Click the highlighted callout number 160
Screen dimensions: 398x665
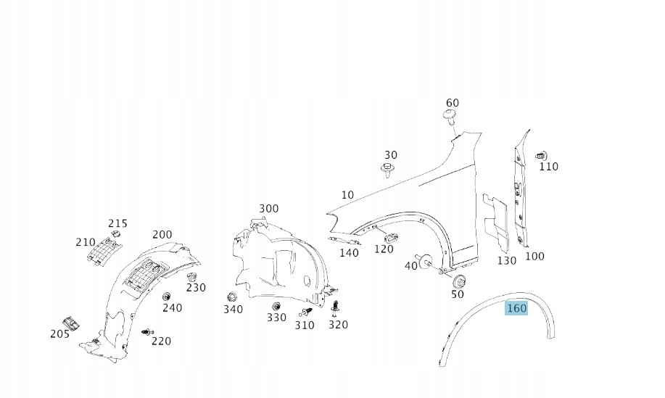click(516, 308)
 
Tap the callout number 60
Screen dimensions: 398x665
click(452, 103)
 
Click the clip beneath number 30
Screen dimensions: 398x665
click(388, 170)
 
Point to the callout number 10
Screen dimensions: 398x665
click(347, 194)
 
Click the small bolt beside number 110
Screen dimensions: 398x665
click(540, 155)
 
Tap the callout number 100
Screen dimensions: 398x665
click(534, 256)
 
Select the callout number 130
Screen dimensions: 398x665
click(506, 260)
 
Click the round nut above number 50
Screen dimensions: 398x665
click(458, 281)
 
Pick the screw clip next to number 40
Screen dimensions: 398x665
click(425, 260)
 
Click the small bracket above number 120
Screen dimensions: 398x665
click(389, 236)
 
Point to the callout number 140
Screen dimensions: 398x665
click(349, 253)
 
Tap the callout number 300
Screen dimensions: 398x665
click(268, 209)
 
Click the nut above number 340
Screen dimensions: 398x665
click(233, 297)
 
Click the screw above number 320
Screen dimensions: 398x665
click(335, 308)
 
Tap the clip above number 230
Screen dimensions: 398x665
click(192, 277)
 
